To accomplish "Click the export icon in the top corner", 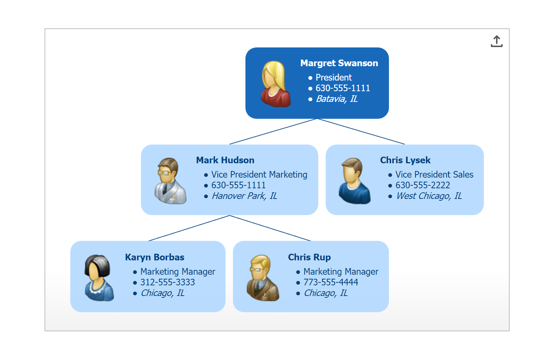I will [496, 41].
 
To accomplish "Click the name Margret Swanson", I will [339, 63].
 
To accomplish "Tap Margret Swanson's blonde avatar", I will [276, 84].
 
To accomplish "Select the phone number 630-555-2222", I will [422, 185].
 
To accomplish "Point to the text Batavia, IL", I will [337, 99].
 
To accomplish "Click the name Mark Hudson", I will [225, 160].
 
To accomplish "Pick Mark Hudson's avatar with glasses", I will [170, 181].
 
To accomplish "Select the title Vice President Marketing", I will [259, 175].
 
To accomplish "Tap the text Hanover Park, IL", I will [244, 196].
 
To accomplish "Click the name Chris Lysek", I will [405, 160].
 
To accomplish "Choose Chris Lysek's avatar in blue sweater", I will [354, 181].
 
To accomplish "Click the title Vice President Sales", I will [434, 175].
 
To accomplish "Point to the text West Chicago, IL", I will [429, 196].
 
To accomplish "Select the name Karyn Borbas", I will [155, 257].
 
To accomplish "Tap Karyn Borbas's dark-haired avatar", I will [99, 278].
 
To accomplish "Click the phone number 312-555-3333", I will [167, 282].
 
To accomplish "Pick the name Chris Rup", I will [309, 257].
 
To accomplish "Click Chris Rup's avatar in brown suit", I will [262, 278].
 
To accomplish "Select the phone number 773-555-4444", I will [330, 282].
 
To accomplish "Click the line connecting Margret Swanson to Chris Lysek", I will [361, 131].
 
